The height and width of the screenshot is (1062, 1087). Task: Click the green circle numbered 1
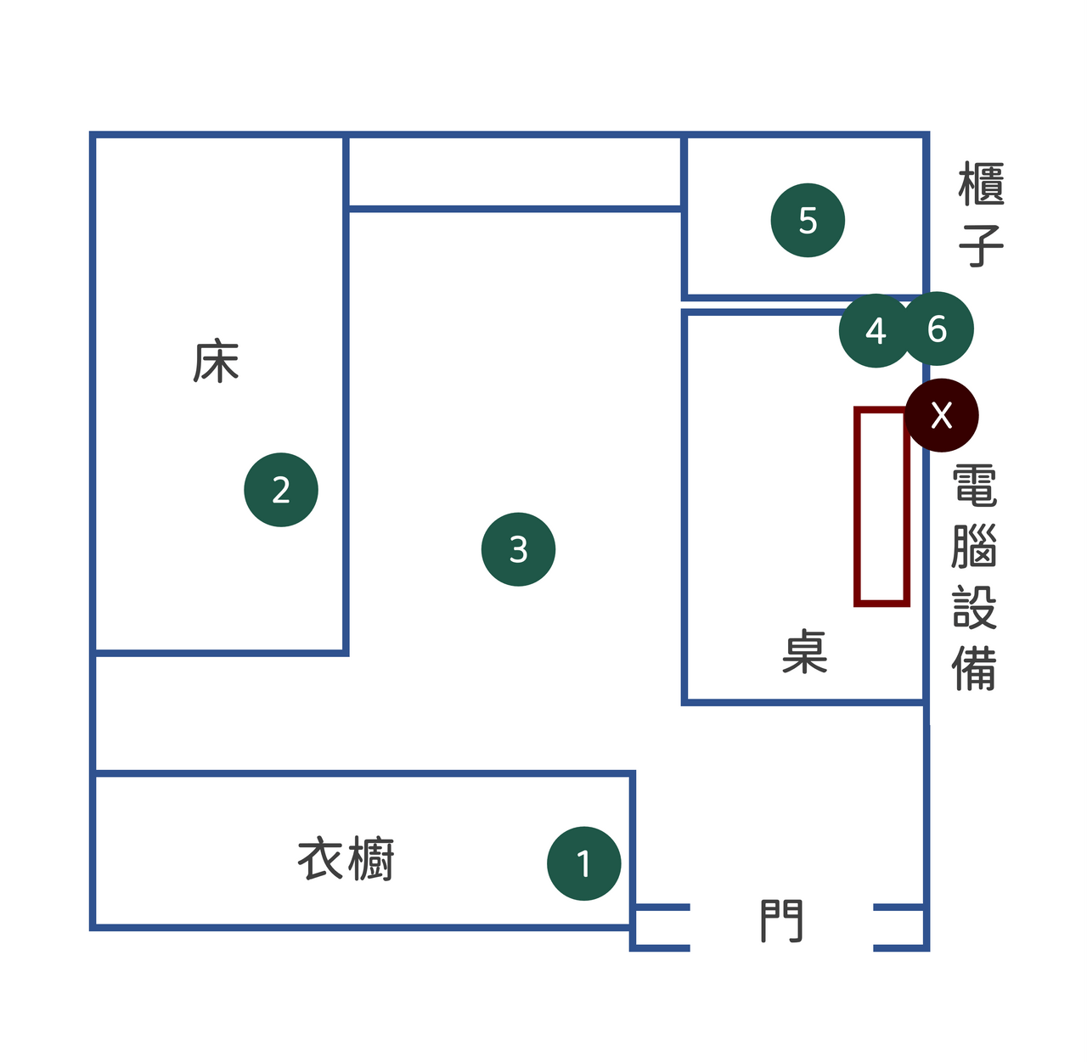click(x=583, y=863)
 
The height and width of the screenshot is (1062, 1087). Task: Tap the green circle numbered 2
click(x=281, y=490)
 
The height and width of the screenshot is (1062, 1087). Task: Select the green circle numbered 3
click(x=518, y=549)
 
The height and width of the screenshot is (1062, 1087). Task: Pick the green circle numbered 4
click(x=876, y=330)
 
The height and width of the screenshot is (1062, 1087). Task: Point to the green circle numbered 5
click(x=808, y=220)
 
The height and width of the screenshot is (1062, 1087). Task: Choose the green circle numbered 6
click(x=938, y=329)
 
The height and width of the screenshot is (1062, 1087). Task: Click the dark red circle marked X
click(x=942, y=415)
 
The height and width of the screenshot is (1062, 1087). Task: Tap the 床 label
click(x=217, y=361)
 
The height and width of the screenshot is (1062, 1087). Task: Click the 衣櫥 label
click(x=346, y=859)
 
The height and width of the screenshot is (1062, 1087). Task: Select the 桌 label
click(x=804, y=651)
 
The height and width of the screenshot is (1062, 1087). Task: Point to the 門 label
click(x=781, y=921)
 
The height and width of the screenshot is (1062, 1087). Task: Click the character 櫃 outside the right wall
click(x=982, y=184)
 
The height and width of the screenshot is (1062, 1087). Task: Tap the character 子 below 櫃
click(x=982, y=244)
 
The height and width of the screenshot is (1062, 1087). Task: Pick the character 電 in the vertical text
click(x=975, y=486)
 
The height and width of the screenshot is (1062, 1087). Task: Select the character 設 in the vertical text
click(x=975, y=607)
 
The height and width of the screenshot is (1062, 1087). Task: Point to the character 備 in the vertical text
click(x=975, y=668)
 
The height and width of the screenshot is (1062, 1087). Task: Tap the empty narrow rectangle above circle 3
click(x=515, y=172)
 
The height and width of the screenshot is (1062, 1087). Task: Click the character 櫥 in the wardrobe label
click(x=371, y=859)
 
